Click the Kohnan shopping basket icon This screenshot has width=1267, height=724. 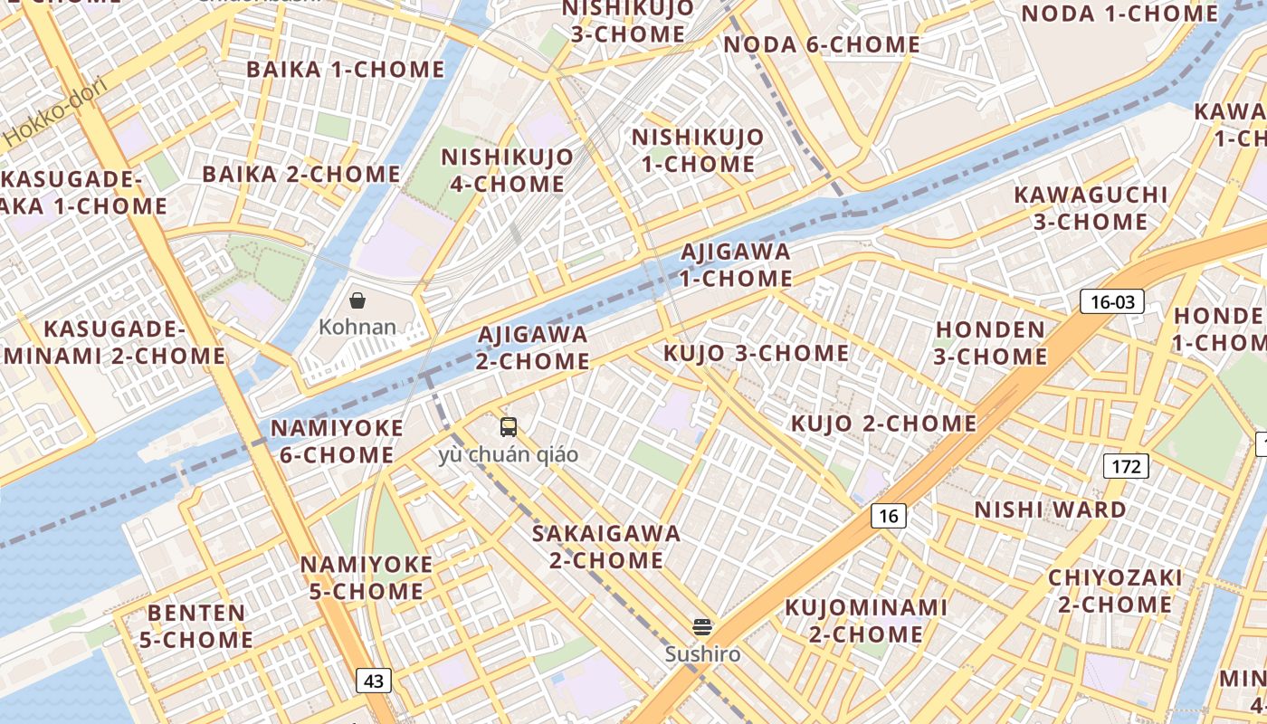tap(357, 300)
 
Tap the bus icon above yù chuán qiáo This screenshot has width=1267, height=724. tap(509, 426)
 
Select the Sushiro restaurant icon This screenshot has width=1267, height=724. tap(702, 626)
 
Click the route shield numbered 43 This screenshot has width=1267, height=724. tap(374, 681)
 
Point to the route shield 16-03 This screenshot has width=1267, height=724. tap(1112, 301)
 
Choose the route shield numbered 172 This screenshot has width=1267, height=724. tap(1126, 467)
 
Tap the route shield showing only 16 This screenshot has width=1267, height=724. tap(889, 516)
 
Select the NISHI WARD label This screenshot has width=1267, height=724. tap(1050, 510)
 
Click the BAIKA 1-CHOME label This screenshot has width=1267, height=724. tap(346, 70)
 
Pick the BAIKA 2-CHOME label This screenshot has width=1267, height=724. tap(301, 174)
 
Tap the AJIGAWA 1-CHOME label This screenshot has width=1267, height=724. tap(736, 264)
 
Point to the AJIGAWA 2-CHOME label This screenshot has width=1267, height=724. tap(533, 348)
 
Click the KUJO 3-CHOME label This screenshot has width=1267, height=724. tap(757, 353)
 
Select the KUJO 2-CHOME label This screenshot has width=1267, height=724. tap(884, 424)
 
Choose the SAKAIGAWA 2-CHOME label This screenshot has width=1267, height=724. tap(606, 547)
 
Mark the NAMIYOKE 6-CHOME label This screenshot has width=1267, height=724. tap(336, 441)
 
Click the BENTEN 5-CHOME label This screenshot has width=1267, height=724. tap(196, 626)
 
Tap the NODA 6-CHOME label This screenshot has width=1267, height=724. tap(823, 44)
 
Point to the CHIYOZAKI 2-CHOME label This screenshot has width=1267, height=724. tap(1115, 591)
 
